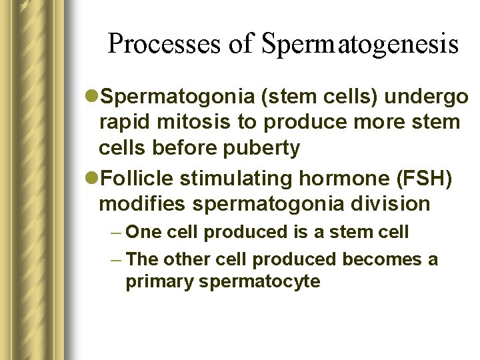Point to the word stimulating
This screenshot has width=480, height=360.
[228, 178]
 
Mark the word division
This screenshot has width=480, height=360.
[389, 203]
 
